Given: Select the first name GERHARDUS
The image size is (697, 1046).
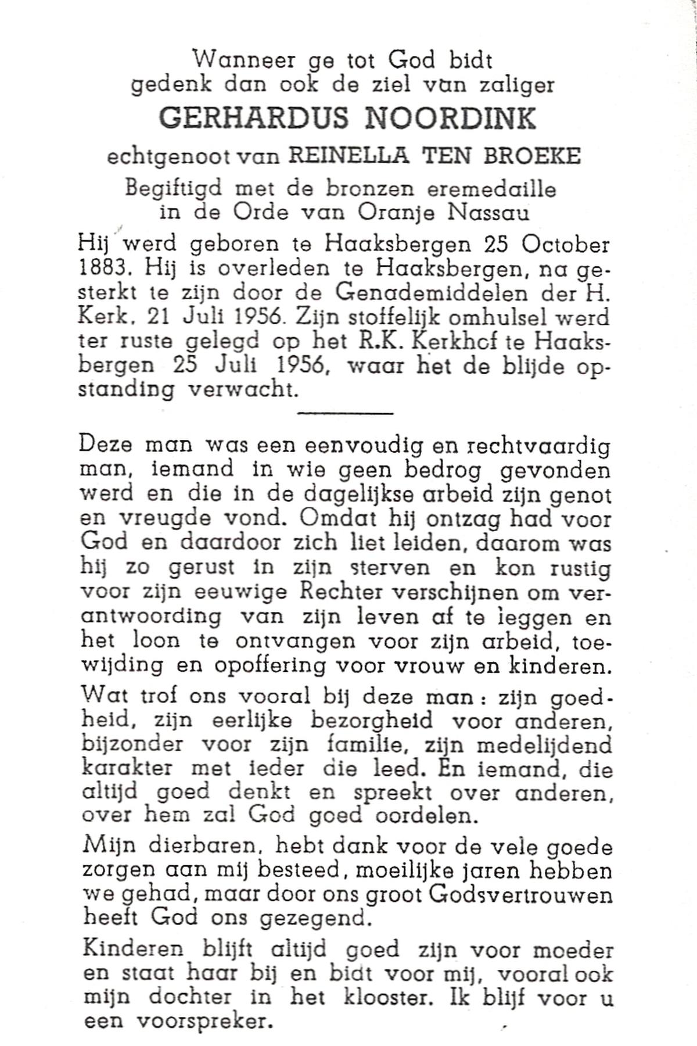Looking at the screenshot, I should [254, 118].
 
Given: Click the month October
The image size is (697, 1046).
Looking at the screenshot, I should [566, 245].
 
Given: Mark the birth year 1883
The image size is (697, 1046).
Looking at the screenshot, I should [103, 269].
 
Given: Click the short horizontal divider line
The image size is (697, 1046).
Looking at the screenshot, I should [345, 413].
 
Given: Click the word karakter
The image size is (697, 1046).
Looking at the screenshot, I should [127, 768].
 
